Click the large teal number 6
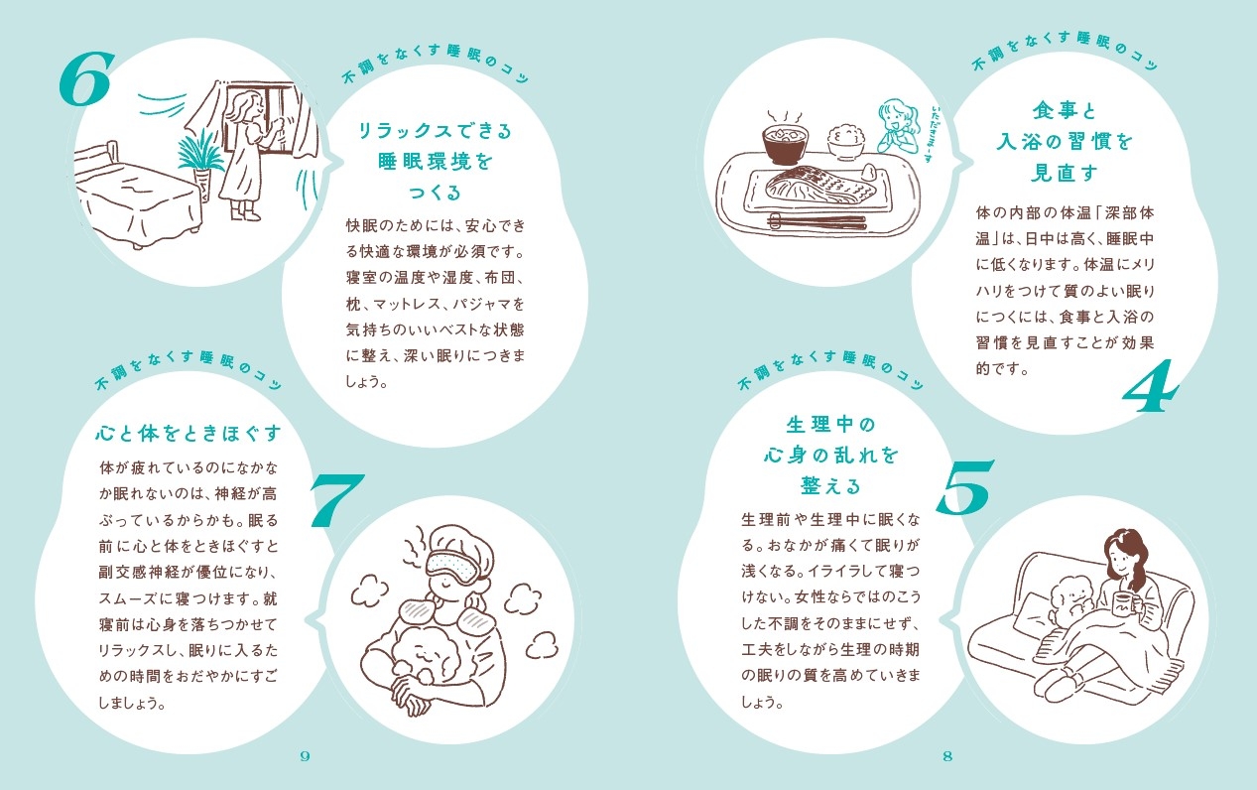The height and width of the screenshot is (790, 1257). coord(85,78)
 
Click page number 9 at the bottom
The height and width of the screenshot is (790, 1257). coord(305,755)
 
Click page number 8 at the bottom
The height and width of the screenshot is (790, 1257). coord(947,755)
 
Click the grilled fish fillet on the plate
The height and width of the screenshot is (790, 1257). coord(820,186)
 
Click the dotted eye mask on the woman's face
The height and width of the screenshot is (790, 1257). coord(455,566)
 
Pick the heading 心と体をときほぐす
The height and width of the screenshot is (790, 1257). coord(188,433)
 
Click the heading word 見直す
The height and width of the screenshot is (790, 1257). coord(1065,173)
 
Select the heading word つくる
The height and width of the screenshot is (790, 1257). coord(435,192)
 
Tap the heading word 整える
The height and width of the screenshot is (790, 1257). coord(830,485)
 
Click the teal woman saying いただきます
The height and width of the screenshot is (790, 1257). coord(898,126)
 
